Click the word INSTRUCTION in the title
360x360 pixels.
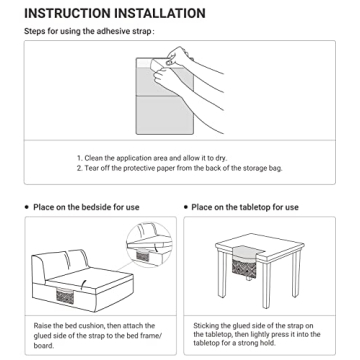[67, 14]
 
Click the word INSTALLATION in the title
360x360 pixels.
[160, 14]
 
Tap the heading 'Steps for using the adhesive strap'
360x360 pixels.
[88, 32]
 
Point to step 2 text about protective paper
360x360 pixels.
[183, 168]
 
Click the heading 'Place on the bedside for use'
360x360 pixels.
[86, 207]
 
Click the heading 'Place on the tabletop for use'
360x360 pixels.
[245, 207]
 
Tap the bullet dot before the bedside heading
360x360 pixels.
[27, 207]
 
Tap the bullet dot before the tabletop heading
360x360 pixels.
[186, 207]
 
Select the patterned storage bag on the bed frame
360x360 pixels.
[65, 296]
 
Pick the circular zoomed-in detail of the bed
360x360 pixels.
[149, 244]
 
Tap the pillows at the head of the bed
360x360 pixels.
[63, 262]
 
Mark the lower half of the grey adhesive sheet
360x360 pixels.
[165, 115]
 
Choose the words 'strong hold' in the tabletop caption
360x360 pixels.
[259, 343]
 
